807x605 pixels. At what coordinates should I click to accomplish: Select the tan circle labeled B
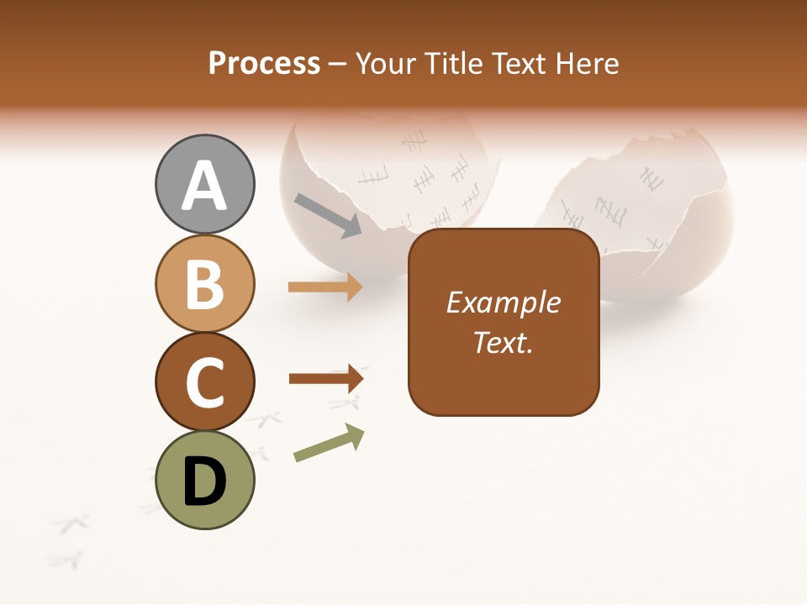205,284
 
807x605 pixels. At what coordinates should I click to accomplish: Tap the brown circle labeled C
205,381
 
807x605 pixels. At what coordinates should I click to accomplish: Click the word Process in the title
264,63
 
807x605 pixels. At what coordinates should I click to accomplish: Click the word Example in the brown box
503,302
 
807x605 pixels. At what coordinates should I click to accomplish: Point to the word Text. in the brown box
503,342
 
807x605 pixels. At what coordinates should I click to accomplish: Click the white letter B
205,284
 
